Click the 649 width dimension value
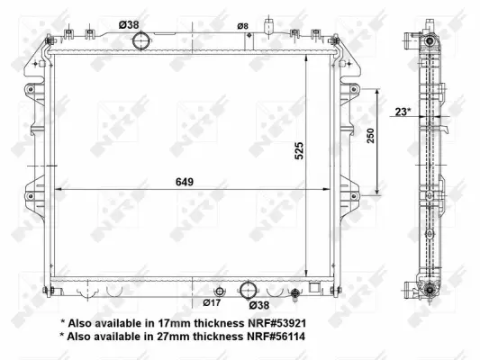click(x=186, y=181)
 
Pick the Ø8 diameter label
click(x=241, y=26)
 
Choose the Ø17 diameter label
click(x=211, y=303)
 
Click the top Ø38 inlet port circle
click(x=141, y=40)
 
